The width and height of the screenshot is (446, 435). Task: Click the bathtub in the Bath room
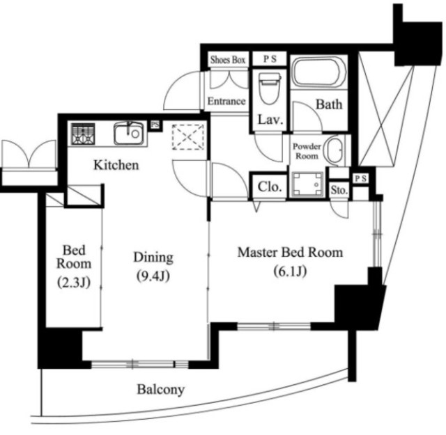coord(319,72)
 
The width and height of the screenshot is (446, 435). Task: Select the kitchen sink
coord(129,133)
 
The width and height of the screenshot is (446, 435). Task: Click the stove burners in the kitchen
coord(83,134)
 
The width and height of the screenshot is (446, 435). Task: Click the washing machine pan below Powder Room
coord(308,184)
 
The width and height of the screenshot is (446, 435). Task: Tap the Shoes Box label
coord(228,60)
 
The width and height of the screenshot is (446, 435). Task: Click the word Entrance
coord(226,101)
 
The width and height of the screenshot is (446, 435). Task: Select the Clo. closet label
coord(270,187)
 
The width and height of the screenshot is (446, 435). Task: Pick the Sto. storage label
coord(339,190)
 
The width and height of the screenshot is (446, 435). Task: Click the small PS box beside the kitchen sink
coord(155,125)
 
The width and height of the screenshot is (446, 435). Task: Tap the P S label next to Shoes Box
coord(270,59)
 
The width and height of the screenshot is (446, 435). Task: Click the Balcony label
coord(161,390)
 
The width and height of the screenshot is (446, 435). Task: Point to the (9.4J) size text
coord(153,276)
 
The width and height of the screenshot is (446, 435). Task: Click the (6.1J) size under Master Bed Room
coord(290,271)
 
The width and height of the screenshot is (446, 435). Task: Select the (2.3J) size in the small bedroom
coord(74,282)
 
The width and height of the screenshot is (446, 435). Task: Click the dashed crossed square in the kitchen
coord(188,137)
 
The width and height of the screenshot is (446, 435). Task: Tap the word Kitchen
coord(116,165)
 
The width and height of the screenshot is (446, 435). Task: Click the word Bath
coord(329,104)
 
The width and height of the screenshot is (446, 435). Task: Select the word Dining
coord(153,258)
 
